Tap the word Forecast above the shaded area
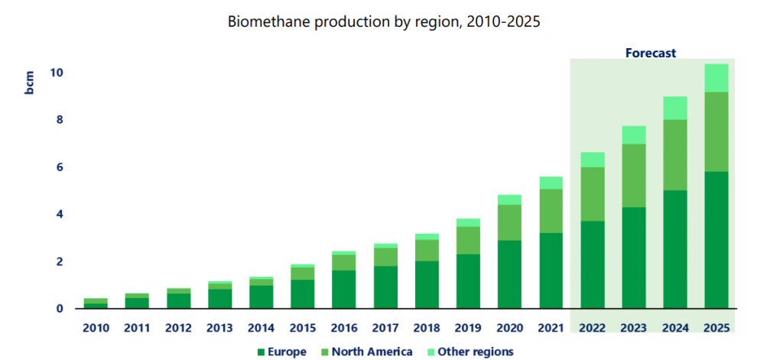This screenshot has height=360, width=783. (651, 53)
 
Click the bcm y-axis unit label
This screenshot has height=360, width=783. (29, 83)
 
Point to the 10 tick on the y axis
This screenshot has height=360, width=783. (56, 73)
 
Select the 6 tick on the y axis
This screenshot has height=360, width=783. (56, 167)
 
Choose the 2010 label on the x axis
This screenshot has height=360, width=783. (96, 328)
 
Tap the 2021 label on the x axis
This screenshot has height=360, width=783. (551, 328)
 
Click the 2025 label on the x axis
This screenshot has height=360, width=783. (716, 328)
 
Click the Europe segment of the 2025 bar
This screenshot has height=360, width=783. (716, 240)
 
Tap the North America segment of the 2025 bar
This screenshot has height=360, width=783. (716, 131)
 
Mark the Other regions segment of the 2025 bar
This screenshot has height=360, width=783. (716, 78)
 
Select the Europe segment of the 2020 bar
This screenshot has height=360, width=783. (510, 274)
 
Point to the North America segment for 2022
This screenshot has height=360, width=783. (593, 194)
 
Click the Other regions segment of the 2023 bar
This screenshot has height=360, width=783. (634, 135)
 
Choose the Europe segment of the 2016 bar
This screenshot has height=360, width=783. (344, 290)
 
